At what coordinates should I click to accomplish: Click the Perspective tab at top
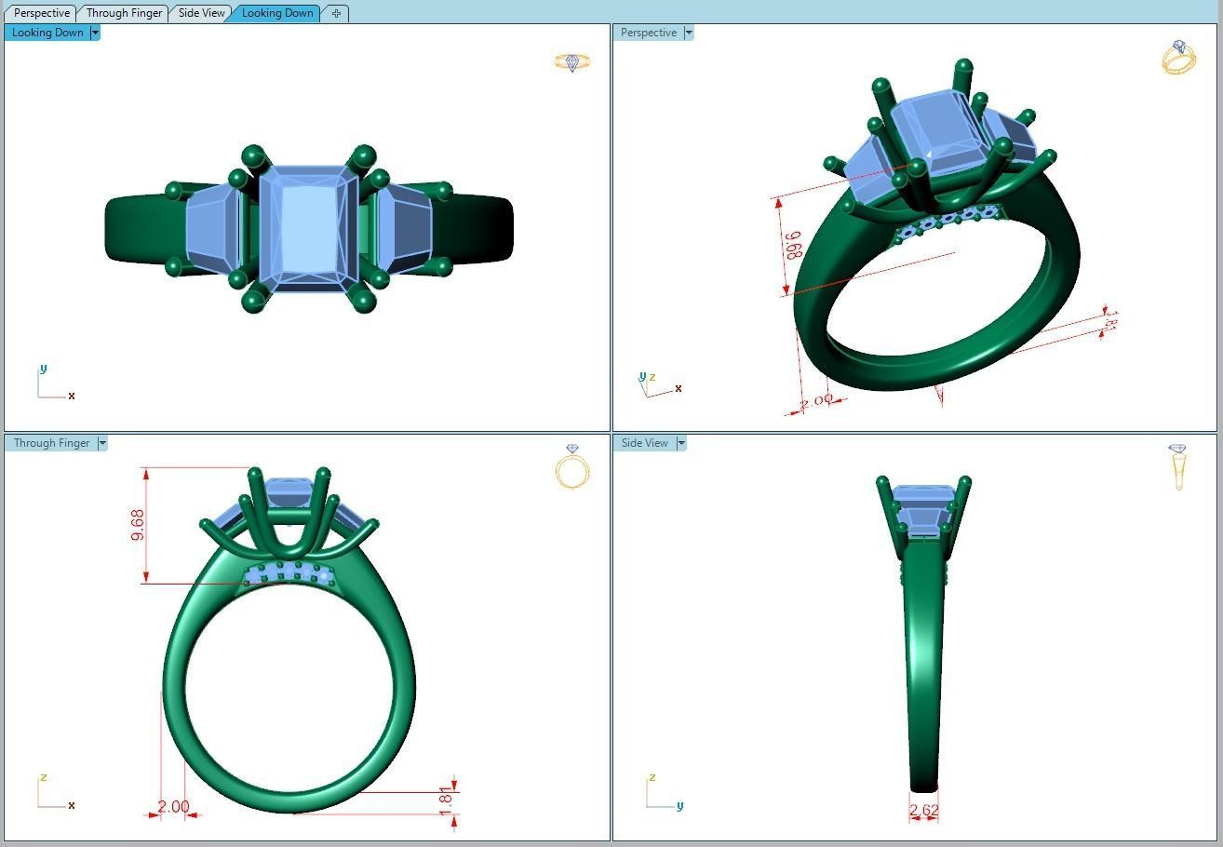point(41,13)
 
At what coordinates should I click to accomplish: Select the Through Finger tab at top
point(123,13)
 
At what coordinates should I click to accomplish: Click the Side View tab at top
point(201,13)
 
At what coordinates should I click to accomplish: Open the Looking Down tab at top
point(276,13)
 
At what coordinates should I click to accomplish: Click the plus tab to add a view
point(336,13)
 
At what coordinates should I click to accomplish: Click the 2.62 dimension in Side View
point(923,811)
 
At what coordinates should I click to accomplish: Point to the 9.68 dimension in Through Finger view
point(138,525)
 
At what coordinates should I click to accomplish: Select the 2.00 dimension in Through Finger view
point(173,807)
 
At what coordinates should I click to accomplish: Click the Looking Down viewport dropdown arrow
point(95,33)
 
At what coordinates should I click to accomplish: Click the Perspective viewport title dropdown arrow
point(689,33)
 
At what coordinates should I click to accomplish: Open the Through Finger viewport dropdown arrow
point(102,443)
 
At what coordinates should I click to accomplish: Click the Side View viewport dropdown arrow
point(681,443)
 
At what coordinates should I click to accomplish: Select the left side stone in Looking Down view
point(213,229)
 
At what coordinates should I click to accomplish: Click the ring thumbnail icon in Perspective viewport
point(1178,58)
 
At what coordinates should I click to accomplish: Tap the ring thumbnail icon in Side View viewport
point(1178,466)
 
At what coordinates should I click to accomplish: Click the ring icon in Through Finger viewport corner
point(571,466)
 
